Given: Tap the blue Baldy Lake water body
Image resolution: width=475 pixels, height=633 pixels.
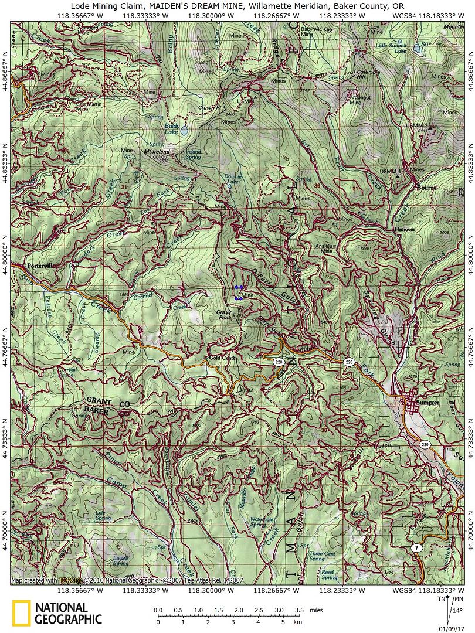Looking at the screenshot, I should coord(185,131).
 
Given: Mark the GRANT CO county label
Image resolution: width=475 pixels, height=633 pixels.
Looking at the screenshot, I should coord(103,405).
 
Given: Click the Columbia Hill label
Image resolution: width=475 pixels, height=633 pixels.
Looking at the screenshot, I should coord(362,74).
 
